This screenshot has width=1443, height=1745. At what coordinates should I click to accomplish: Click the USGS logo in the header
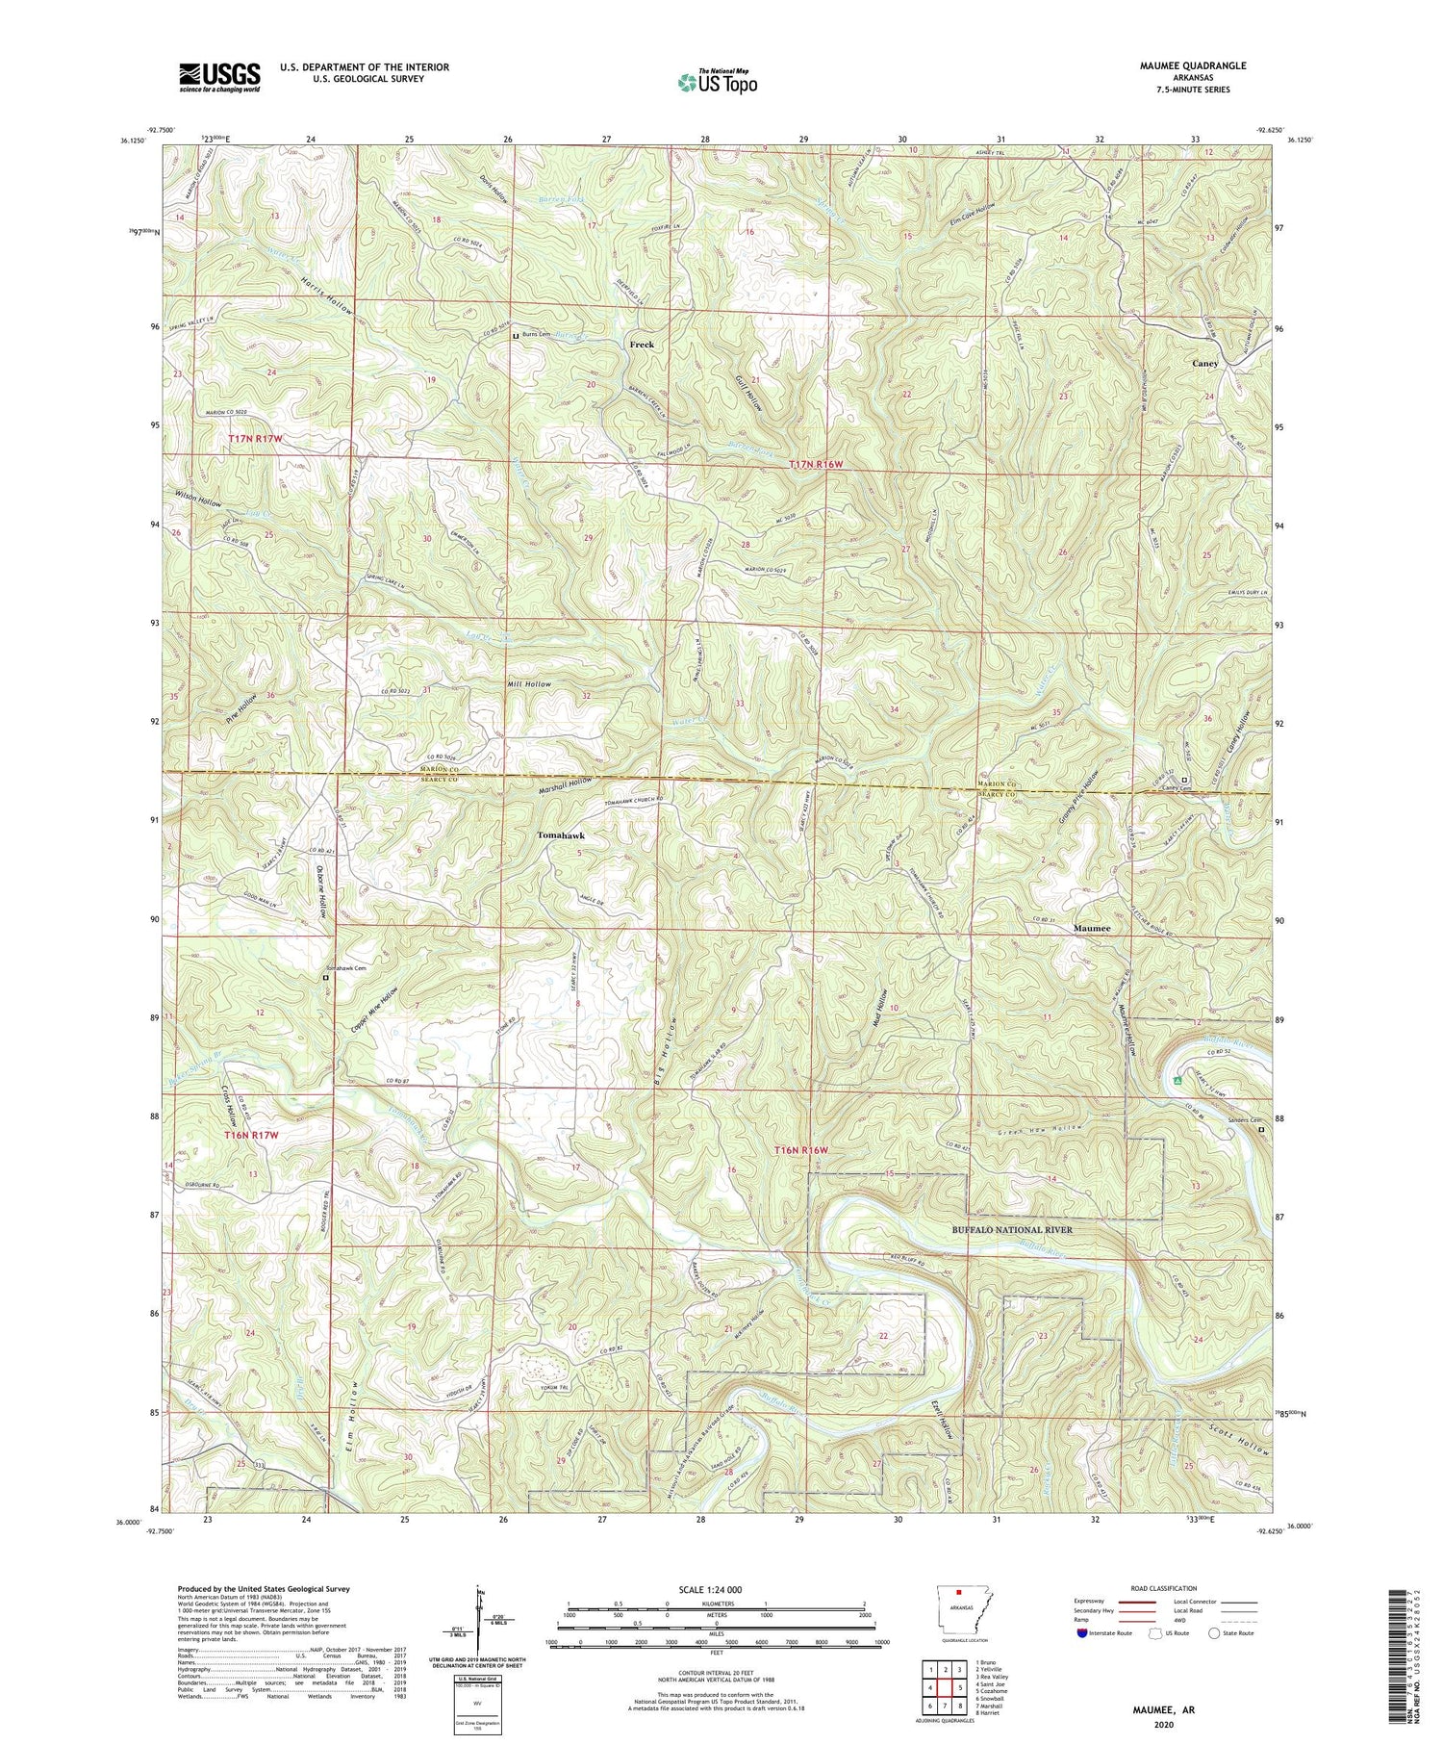click(x=219, y=77)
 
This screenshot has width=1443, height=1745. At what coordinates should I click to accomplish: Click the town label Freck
click(x=642, y=344)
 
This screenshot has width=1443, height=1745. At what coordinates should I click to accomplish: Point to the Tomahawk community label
click(x=561, y=835)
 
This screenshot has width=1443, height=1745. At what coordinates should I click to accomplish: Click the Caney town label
click(x=1204, y=364)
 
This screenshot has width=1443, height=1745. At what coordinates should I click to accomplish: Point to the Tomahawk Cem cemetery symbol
click(x=325, y=977)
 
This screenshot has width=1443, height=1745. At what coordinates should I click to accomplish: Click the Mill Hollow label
click(x=529, y=683)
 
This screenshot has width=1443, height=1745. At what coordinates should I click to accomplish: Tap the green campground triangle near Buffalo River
click(x=1177, y=1080)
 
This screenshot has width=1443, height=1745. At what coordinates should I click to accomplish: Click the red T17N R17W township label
click(x=256, y=439)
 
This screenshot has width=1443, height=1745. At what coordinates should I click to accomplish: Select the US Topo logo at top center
click(x=718, y=83)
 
